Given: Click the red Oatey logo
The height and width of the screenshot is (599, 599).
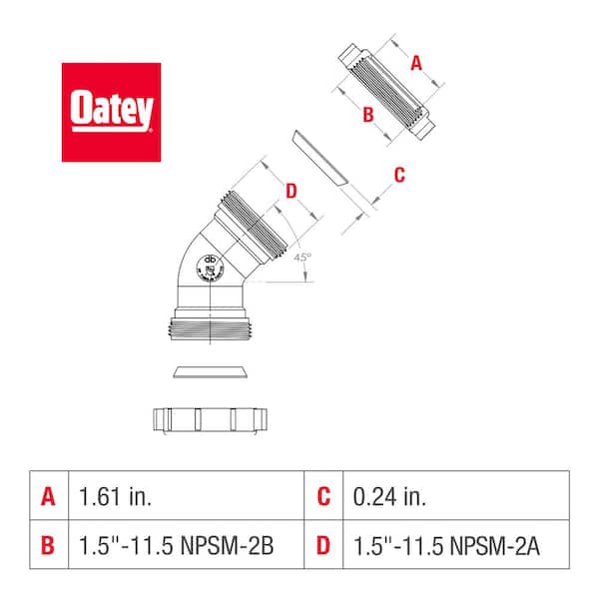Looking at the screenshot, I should coord(111,112).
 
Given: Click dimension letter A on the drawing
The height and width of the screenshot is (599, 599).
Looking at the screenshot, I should coord(417,63).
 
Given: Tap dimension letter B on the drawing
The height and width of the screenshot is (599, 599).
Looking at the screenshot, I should coord(367,115).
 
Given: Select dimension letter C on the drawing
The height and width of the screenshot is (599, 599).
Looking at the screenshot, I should coord(399,176).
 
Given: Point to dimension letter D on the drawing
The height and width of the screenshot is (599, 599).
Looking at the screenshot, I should coord(291,191).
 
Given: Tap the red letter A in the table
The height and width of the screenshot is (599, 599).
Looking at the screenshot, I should coord(48,494).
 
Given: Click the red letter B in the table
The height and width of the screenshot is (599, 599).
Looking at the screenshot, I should coord(48,546).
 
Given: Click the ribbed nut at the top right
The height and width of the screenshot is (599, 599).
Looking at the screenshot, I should coord(388,91).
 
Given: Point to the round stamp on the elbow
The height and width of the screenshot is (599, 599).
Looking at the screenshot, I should coord(211,268).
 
